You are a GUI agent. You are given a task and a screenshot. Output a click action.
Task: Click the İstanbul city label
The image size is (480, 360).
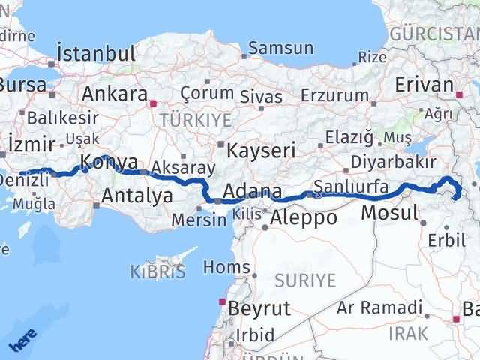(96, 54)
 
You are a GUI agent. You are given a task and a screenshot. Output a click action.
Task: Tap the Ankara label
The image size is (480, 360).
(114, 94)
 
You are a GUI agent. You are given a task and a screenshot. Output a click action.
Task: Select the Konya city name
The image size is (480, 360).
(109, 162)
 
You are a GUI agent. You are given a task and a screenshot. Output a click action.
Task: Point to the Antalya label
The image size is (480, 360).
(136, 196)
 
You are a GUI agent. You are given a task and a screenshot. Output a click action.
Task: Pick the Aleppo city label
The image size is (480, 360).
(304, 218)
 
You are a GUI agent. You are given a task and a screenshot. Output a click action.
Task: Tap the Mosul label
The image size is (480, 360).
(389, 213)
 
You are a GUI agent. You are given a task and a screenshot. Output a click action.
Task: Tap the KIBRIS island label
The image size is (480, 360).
(157, 271)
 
